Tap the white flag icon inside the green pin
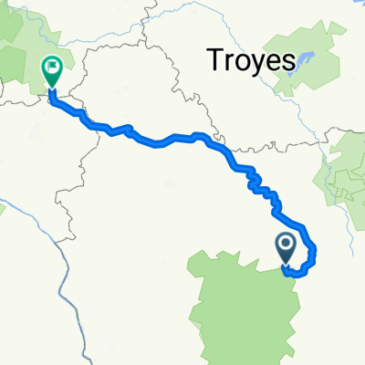52,65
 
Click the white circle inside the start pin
286,243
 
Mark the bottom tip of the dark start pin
286,266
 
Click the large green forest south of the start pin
242,310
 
